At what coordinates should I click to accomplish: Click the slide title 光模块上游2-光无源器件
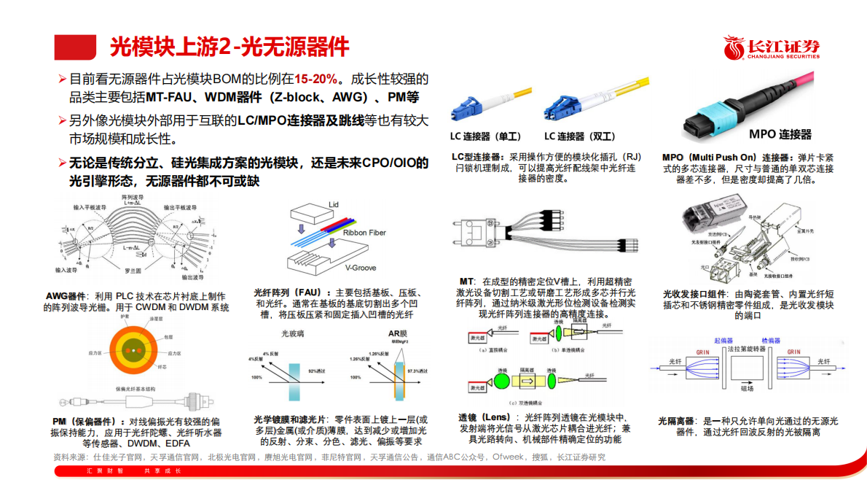(229, 47)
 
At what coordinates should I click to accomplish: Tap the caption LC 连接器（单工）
(486, 136)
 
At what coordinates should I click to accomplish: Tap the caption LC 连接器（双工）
(580, 136)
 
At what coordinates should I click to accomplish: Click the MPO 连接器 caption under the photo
(780, 135)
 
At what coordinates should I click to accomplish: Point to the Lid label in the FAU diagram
(334, 204)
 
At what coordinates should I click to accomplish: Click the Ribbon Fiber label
(364, 233)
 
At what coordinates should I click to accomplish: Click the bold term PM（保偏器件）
(84, 422)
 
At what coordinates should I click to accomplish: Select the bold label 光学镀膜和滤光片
(291, 419)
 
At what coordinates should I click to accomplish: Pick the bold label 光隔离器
(677, 422)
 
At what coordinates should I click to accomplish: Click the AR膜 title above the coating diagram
(398, 334)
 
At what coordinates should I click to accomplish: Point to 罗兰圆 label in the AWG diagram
(132, 271)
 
